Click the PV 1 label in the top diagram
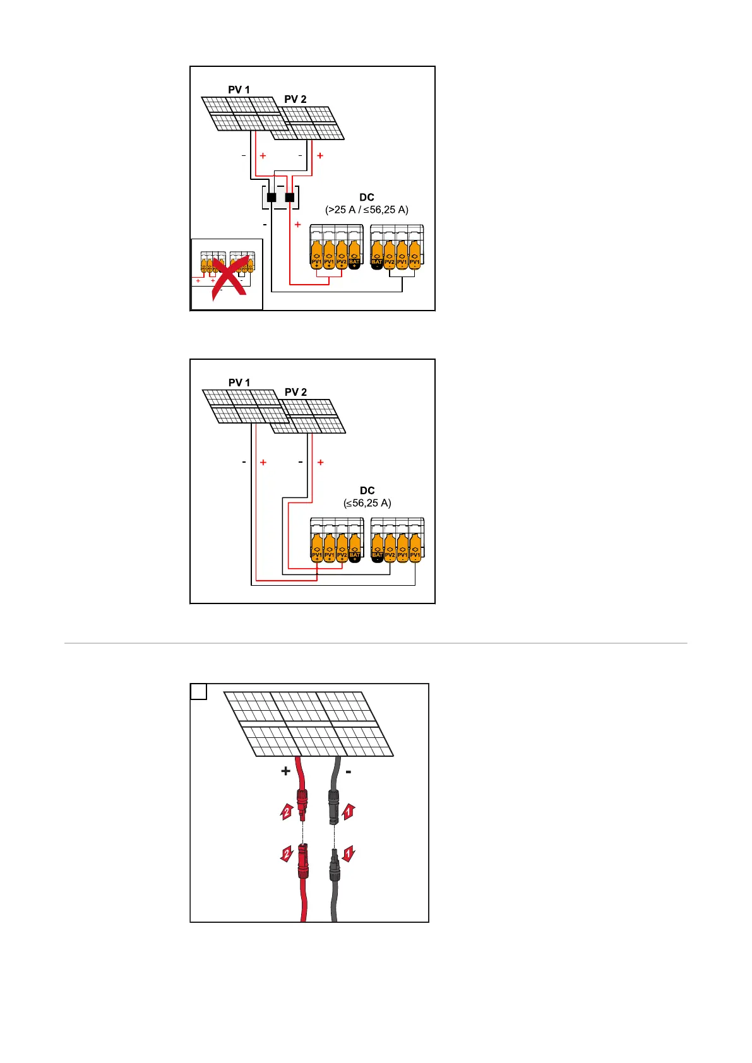point(239,90)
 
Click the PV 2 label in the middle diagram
point(295,392)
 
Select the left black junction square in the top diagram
point(272,198)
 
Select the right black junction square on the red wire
point(290,198)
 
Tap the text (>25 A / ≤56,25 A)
point(367,210)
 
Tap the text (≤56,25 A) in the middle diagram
point(367,503)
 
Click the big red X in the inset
point(229,278)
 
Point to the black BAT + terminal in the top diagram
point(354,255)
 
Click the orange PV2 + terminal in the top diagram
point(342,255)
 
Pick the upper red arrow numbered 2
point(287,811)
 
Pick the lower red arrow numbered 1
point(348,855)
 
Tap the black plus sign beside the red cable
point(285,771)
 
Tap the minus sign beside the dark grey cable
point(349,771)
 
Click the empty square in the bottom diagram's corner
point(198,692)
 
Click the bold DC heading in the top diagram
point(367,198)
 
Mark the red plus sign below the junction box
point(297,225)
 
